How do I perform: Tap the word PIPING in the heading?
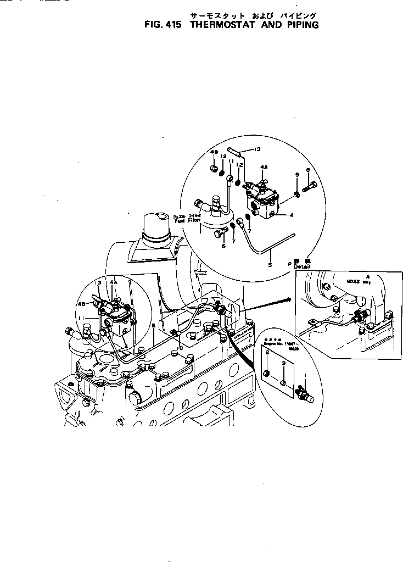[x=300, y=25]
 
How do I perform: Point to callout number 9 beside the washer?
[x=297, y=174]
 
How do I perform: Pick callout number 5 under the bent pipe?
[x=270, y=265]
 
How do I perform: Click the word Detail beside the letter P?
[x=302, y=266]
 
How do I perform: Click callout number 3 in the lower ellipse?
[x=283, y=363]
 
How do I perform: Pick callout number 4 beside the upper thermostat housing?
[x=292, y=215]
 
